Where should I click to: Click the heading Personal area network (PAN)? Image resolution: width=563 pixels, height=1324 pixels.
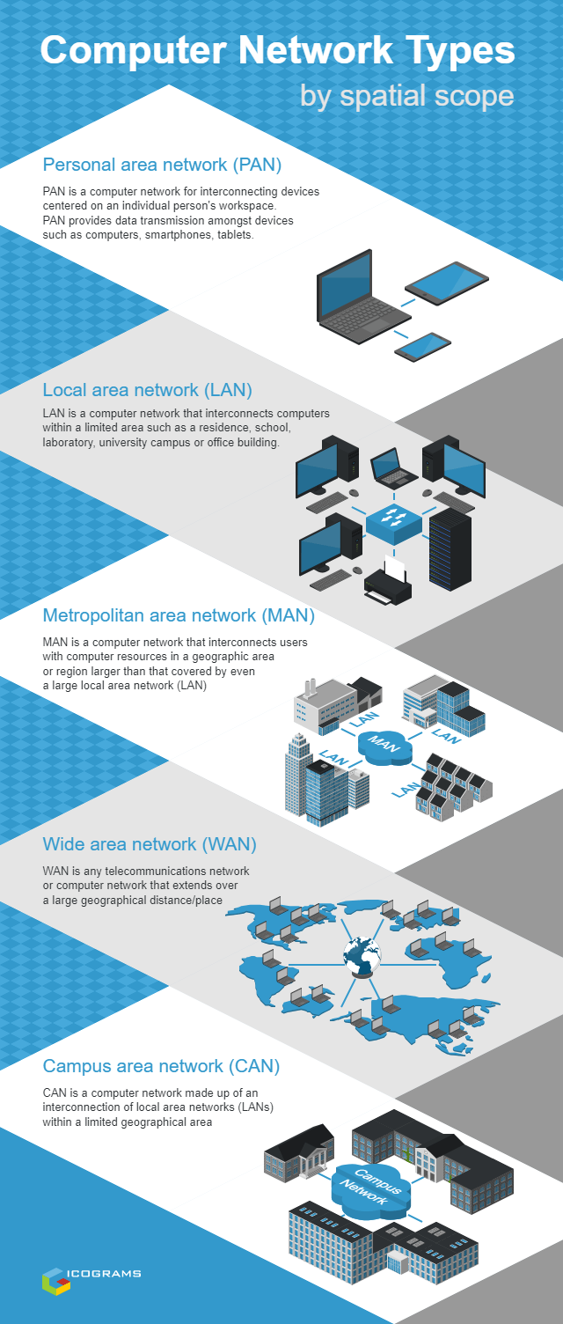click(x=162, y=165)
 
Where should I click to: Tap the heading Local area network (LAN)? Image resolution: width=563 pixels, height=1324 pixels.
click(x=148, y=389)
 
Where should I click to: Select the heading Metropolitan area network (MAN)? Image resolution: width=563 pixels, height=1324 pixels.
click(x=179, y=614)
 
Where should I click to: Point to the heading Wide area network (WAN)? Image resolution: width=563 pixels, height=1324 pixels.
click(x=150, y=844)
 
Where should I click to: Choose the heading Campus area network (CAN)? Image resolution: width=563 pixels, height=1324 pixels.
click(x=161, y=1066)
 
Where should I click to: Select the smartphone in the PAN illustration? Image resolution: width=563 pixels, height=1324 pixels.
click(x=423, y=346)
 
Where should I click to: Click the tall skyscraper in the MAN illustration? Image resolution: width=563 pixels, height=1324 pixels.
click(x=298, y=775)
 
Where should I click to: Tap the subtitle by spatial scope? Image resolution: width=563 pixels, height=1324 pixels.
click(x=406, y=94)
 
